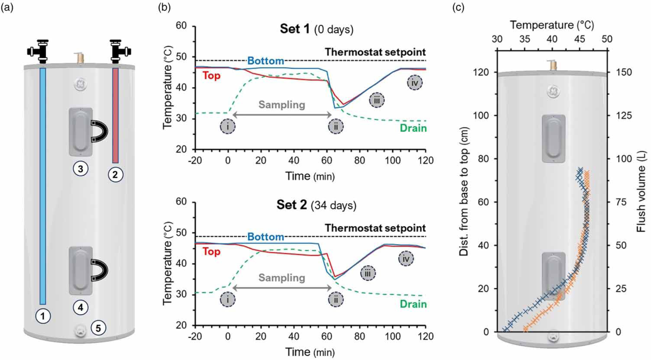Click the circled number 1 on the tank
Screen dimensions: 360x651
click(x=43, y=316)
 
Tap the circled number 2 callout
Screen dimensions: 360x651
click(x=115, y=175)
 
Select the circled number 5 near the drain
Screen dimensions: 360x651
click(x=98, y=328)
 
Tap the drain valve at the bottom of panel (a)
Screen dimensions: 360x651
click(x=79, y=330)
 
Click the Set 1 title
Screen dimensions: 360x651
click(x=316, y=29)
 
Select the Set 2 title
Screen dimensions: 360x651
click(x=316, y=205)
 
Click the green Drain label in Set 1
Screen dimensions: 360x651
click(x=413, y=128)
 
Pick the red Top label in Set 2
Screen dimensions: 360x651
click(x=211, y=251)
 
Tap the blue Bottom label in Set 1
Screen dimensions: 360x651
click(x=265, y=61)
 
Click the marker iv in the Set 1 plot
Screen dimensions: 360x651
click(x=414, y=83)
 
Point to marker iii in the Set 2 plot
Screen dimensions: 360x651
click(x=367, y=273)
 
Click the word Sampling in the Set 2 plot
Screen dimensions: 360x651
click(x=281, y=278)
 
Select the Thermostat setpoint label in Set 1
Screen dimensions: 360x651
click(x=375, y=52)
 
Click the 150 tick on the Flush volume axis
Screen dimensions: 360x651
click(x=624, y=72)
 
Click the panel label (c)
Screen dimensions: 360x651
click(x=458, y=8)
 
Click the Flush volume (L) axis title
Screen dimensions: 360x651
click(x=641, y=192)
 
